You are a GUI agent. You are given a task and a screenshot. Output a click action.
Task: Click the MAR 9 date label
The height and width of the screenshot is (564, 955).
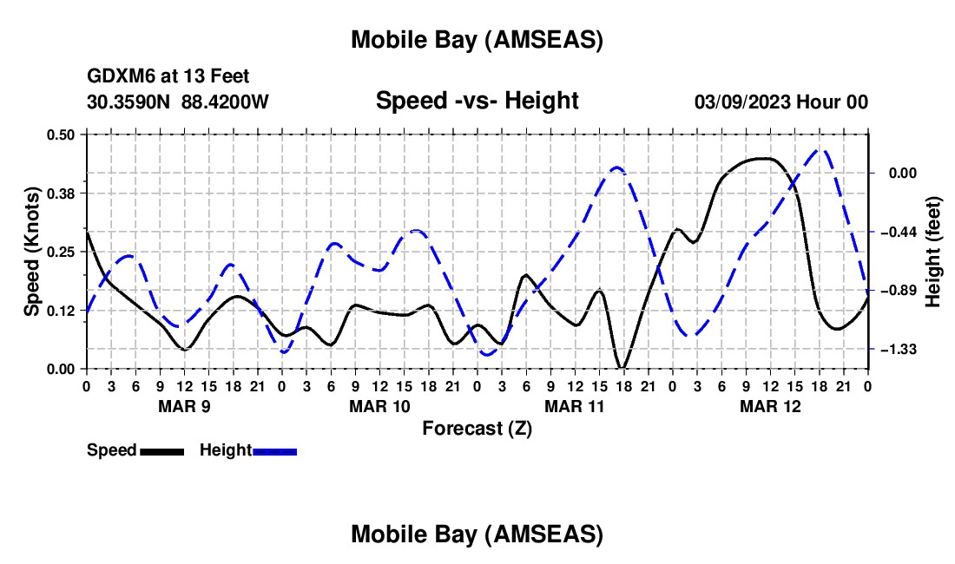[183, 406]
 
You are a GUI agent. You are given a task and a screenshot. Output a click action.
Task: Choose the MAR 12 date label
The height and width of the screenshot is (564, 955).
[769, 406]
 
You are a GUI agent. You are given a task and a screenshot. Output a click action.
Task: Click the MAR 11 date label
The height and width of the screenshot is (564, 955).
[574, 406]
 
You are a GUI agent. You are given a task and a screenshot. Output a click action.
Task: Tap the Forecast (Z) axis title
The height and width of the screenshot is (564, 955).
[477, 428]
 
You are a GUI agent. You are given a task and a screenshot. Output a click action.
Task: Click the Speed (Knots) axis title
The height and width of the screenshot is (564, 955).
[32, 252]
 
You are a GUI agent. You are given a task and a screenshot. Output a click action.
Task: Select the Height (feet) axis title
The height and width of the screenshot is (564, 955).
[933, 252]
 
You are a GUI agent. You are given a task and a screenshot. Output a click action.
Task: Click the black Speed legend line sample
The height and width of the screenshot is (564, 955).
[161, 450]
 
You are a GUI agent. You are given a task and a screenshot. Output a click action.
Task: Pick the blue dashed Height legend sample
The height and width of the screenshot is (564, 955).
[275, 450]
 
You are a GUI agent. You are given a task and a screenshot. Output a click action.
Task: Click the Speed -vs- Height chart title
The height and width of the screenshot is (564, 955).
[477, 101]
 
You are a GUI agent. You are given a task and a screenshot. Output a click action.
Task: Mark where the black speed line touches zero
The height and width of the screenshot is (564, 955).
[622, 367]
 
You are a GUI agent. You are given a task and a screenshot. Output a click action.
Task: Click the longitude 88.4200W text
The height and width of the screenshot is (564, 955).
[226, 102]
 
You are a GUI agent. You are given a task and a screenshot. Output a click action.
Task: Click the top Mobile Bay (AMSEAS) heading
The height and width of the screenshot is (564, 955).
[477, 40]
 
